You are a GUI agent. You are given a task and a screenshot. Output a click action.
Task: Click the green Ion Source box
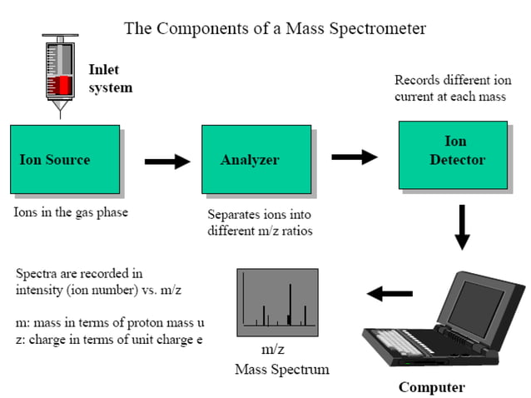64,159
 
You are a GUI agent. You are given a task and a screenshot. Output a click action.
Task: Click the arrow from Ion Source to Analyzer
166,162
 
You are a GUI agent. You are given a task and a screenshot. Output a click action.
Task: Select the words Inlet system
110,78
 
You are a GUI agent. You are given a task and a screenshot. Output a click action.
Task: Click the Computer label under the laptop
431,387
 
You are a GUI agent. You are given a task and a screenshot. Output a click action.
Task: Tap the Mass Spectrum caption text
282,369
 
